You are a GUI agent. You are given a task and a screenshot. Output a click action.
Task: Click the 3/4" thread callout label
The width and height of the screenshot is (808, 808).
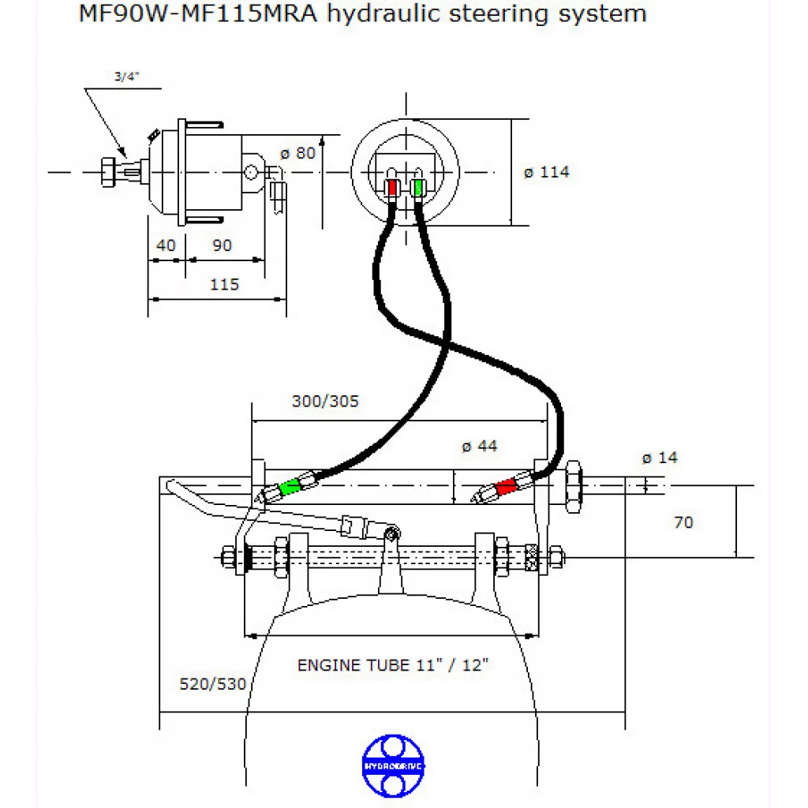(127, 77)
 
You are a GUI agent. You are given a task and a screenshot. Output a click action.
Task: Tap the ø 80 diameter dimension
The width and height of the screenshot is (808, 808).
(298, 152)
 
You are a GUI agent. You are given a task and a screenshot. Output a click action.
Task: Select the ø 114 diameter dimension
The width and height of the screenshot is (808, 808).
(546, 171)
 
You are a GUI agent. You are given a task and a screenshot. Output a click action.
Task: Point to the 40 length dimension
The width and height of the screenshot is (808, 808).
(166, 245)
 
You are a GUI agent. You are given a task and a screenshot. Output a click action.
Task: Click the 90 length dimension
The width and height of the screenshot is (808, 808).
(223, 245)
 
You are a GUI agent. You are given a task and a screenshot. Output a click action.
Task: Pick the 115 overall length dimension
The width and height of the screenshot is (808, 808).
(224, 284)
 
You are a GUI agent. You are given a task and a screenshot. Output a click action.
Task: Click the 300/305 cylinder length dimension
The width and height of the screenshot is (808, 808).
(325, 401)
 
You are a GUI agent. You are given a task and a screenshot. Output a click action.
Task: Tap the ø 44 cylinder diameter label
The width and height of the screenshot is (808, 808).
(480, 446)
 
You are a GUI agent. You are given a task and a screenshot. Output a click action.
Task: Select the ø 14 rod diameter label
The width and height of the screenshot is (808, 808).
(660, 458)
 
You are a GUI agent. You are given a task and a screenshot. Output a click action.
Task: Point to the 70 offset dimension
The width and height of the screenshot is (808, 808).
(683, 522)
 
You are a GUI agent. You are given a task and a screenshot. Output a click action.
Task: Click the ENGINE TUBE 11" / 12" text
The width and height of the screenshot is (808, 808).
(393, 665)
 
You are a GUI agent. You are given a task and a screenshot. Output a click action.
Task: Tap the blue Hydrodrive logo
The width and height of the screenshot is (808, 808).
(393, 765)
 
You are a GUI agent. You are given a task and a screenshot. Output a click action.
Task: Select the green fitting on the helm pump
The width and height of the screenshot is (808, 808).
(417, 188)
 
